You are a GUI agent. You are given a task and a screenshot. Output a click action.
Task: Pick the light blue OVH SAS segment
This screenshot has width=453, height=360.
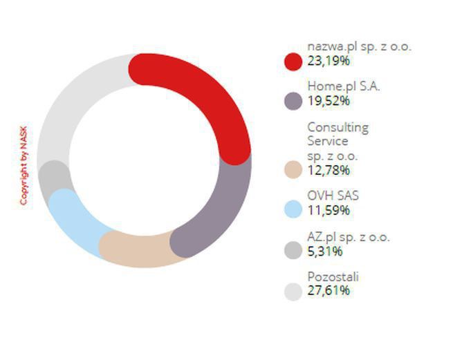click(x=73, y=214)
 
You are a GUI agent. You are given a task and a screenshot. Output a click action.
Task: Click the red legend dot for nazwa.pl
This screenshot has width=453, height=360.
click(x=293, y=61)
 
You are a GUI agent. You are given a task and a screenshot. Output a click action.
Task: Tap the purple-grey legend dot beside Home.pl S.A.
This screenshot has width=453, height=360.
click(x=293, y=101)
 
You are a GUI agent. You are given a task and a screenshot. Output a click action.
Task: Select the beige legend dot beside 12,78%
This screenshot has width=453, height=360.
click(x=293, y=169)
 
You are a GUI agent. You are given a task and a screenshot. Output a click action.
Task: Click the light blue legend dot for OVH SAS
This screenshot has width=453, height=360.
click(x=293, y=209)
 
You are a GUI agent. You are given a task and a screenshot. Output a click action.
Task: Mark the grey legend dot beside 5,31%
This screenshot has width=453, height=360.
click(x=293, y=250)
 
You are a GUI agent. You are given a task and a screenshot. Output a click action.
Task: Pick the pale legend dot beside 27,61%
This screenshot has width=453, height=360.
click(x=293, y=291)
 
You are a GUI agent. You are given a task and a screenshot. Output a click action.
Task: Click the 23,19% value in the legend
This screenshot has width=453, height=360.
click(x=329, y=61)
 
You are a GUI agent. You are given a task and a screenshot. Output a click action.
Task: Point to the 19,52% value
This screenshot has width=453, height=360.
click(x=329, y=101)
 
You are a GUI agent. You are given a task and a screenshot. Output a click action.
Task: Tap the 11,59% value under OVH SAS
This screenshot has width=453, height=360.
click(x=329, y=210)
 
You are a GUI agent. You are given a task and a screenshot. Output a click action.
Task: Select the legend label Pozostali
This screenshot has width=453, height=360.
click(x=333, y=277)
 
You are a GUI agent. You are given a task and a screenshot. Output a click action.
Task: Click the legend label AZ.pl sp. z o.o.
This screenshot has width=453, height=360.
click(x=349, y=237)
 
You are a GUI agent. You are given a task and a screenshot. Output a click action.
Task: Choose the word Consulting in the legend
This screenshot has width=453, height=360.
click(x=338, y=128)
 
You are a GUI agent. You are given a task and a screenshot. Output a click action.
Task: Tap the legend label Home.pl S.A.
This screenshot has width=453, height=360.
click(x=344, y=87)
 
